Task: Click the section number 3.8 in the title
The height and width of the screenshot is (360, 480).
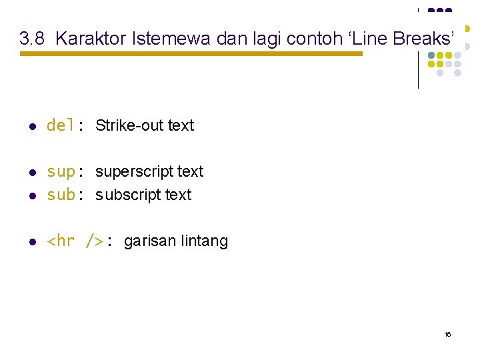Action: (33, 39)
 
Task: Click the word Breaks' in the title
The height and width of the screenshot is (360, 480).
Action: (426, 39)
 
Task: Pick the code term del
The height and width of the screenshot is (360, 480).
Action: (61, 125)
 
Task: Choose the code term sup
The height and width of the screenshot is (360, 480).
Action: (61, 172)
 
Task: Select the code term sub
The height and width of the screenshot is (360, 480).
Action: (61, 195)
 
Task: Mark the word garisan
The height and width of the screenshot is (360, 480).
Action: (151, 241)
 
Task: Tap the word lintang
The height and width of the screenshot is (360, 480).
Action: (205, 241)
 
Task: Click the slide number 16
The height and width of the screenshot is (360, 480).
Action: (447, 333)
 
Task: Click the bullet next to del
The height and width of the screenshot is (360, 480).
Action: (32, 126)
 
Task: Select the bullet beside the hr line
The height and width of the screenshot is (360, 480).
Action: (32, 242)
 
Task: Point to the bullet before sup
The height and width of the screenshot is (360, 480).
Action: (32, 173)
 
